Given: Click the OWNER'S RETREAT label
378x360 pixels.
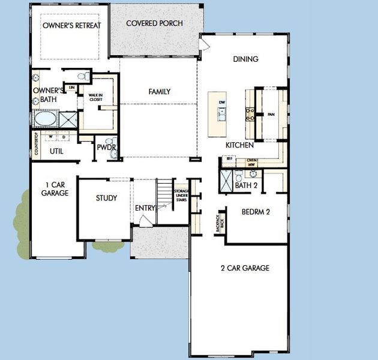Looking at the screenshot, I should coord(71,26).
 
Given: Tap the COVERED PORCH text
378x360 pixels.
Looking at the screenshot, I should coord(154,23).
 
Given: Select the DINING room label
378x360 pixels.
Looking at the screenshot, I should coord(245,59).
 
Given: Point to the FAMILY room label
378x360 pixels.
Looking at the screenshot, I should coord(159,92).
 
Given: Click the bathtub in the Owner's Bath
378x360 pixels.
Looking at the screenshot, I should coord(45,119).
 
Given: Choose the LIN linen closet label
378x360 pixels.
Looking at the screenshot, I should coord(72,88).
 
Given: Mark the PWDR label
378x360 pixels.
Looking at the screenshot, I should coord(106,147).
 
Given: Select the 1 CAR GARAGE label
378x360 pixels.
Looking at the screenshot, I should coord(55,189).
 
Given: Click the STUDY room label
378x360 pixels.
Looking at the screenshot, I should coord(106,198).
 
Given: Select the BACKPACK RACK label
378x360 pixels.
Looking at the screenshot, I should coord(218,223).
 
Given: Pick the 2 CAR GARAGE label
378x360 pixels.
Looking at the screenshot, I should coord(245,268).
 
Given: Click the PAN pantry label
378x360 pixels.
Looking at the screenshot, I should coord(271,113).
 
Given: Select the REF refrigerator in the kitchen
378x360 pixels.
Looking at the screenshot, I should coord(229,158).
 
